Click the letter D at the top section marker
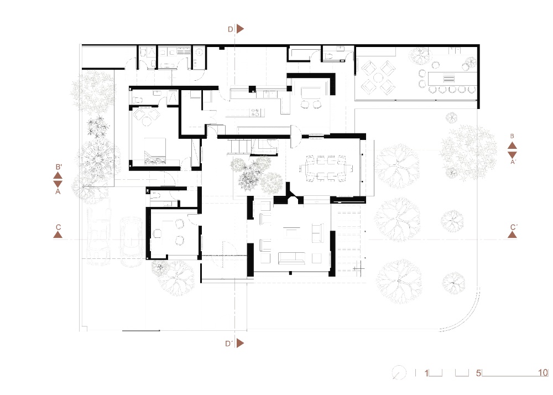pyautogui.click(x=230, y=29)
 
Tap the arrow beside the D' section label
pyautogui.click(x=241, y=344)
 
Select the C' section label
pyautogui.click(x=513, y=227)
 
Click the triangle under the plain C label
pyautogui.click(x=58, y=235)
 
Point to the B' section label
pyautogui.click(x=58, y=167)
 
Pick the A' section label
pyautogui.click(x=513, y=163)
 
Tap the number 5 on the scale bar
pyautogui.click(x=478, y=373)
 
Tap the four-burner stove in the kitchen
pyautogui.click(x=257, y=112)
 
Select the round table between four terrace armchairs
pyautogui.click(x=379, y=78)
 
